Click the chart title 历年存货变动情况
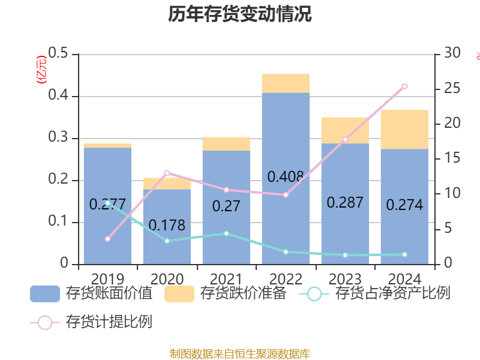(x=239, y=14)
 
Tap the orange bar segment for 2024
(x=404, y=129)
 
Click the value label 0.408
(x=286, y=177)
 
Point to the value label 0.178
(x=167, y=226)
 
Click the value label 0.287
(x=345, y=202)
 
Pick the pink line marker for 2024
(x=404, y=86)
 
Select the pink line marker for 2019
(x=107, y=239)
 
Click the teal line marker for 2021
(x=226, y=233)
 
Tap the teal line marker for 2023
(x=345, y=255)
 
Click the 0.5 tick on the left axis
(x=58, y=54)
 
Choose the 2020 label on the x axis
(x=167, y=279)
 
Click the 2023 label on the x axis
(x=345, y=279)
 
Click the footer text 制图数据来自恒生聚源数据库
(x=239, y=353)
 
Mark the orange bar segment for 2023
(x=345, y=130)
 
